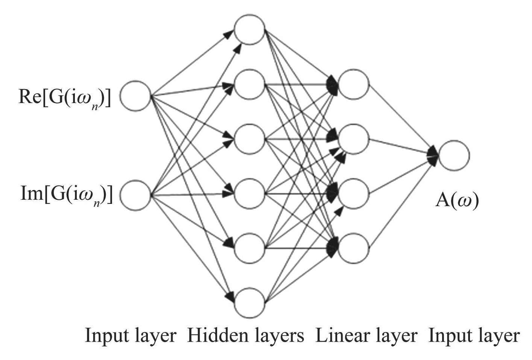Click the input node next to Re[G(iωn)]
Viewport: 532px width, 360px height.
tap(135, 96)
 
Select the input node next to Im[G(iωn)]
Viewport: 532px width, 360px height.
tap(135, 195)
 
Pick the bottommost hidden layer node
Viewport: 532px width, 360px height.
tap(249, 303)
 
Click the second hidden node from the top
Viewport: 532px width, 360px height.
tap(249, 84)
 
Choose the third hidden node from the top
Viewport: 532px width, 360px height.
tap(249, 139)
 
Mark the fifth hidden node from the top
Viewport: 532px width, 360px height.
tap(249, 248)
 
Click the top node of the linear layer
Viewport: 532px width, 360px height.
tap(354, 84)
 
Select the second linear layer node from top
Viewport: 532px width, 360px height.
tap(354, 139)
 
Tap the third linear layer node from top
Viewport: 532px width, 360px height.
tap(354, 194)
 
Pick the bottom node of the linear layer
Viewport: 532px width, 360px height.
tap(354, 248)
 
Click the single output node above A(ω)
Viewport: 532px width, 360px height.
tap(454, 155)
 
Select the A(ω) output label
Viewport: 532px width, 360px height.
tap(457, 201)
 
